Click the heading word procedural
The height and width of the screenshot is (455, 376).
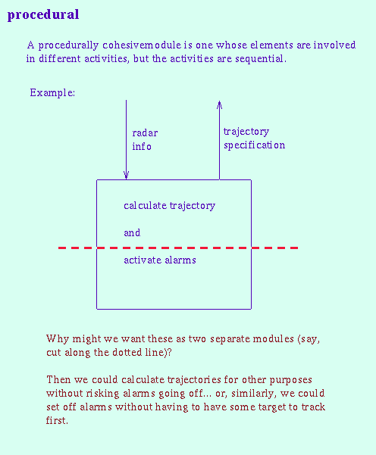(x=43, y=15)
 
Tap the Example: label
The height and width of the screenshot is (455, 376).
(x=52, y=93)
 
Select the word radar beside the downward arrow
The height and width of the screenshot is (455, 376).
(x=145, y=133)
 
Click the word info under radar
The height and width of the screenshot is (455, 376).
(x=142, y=146)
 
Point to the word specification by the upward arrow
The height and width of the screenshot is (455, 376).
(x=254, y=145)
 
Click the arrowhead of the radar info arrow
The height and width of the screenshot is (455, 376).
(x=126, y=176)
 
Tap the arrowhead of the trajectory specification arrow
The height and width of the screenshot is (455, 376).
(x=219, y=104)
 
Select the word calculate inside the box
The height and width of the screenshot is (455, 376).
(x=145, y=205)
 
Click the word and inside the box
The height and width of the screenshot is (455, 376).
(x=132, y=232)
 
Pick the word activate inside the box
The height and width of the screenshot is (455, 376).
(x=143, y=260)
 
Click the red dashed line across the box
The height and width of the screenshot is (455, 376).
(x=178, y=248)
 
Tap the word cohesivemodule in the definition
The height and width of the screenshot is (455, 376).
(x=142, y=45)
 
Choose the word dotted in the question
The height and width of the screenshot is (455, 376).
(x=127, y=352)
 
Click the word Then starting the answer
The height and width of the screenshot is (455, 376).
(x=58, y=379)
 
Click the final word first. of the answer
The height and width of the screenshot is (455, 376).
(x=57, y=420)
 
